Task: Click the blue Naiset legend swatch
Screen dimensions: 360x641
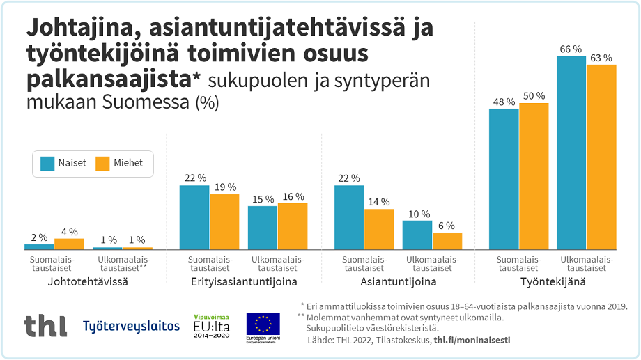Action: pyautogui.click(x=47, y=163)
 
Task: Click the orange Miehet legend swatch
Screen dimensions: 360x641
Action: pyautogui.click(x=102, y=163)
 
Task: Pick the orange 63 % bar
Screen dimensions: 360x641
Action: pyautogui.click(x=601, y=157)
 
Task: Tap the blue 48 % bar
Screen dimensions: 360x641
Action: pyautogui.click(x=504, y=179)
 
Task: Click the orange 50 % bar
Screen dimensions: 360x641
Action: pyautogui.click(x=534, y=176)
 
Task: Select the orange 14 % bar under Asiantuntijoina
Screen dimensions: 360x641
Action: pyautogui.click(x=379, y=229)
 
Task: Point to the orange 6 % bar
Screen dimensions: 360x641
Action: pyautogui.click(x=447, y=240)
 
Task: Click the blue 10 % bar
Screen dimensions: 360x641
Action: pyautogui.click(x=417, y=235)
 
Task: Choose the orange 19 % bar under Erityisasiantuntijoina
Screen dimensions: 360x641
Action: pyautogui.click(x=224, y=221)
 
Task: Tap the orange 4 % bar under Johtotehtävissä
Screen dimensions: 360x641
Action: pyautogui.click(x=69, y=244)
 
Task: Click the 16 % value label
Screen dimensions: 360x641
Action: pyautogui.click(x=293, y=196)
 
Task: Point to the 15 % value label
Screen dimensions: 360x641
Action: pyautogui.click(x=263, y=199)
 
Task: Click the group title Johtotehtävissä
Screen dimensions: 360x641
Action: pyautogui.click(x=88, y=283)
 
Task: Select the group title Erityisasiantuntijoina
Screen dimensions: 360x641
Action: pyautogui.click(x=244, y=283)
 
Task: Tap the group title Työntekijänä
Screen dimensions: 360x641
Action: pyautogui.click(x=553, y=283)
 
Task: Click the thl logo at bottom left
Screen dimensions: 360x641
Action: pyautogui.click(x=45, y=325)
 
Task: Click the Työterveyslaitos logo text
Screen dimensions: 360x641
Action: pyautogui.click(x=131, y=326)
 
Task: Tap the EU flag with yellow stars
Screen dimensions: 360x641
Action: pyautogui.click(x=263, y=324)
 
